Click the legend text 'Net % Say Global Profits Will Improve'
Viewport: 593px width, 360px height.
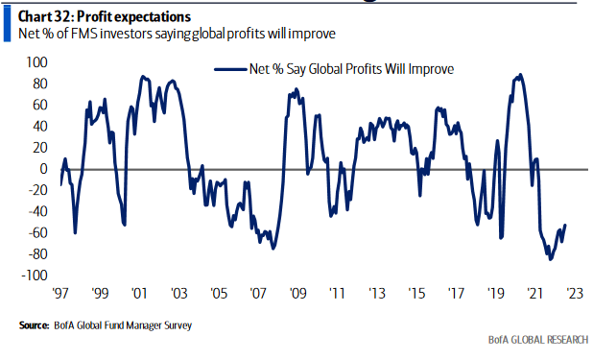point(350,69)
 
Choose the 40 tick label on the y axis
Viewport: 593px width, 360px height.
point(39,126)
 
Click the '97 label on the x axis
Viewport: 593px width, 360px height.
point(62,294)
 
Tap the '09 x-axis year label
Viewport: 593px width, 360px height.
point(297,294)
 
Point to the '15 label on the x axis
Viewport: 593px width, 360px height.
point(415,294)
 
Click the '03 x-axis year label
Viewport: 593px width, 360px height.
point(179,294)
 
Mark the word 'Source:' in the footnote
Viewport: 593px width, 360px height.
point(35,326)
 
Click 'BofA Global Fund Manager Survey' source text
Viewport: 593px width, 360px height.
point(122,326)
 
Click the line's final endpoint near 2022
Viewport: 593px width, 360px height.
point(565,226)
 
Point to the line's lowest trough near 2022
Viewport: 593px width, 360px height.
point(550,259)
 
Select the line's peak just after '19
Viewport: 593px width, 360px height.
point(520,74)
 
